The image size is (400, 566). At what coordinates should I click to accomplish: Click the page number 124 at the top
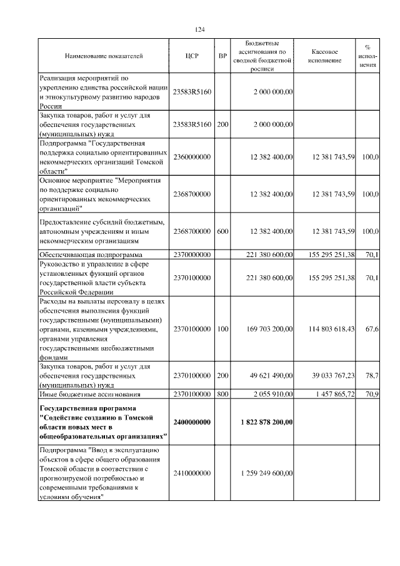click(200, 29)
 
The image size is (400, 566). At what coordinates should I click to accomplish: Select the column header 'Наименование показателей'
click(104, 56)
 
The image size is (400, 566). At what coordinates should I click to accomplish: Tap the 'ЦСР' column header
click(192, 56)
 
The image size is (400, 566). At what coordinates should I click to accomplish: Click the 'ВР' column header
click(222, 56)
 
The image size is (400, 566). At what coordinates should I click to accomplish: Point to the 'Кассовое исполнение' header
click(325, 56)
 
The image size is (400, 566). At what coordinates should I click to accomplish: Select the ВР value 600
click(222, 231)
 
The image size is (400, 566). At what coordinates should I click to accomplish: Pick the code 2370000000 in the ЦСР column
click(192, 255)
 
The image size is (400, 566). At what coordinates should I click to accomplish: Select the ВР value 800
click(222, 394)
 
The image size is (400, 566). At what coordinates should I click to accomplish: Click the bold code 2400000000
click(192, 422)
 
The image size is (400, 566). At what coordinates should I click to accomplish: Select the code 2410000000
click(192, 473)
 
